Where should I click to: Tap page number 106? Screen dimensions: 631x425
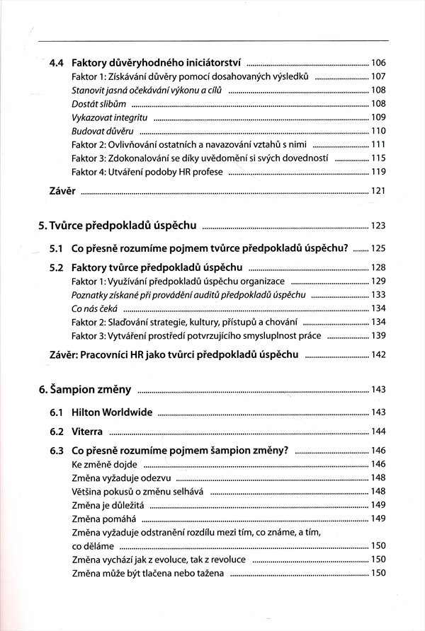(x=378, y=63)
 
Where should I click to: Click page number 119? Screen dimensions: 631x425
(x=378, y=172)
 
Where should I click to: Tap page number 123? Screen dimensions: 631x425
(x=378, y=226)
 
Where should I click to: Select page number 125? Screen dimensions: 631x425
(x=378, y=249)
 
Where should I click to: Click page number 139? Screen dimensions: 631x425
(x=378, y=335)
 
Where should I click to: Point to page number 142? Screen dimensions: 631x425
(x=378, y=354)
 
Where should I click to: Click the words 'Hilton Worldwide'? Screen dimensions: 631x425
(x=113, y=412)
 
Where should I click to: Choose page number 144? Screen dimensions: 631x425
(x=378, y=432)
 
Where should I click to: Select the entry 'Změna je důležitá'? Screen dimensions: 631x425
(x=109, y=505)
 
